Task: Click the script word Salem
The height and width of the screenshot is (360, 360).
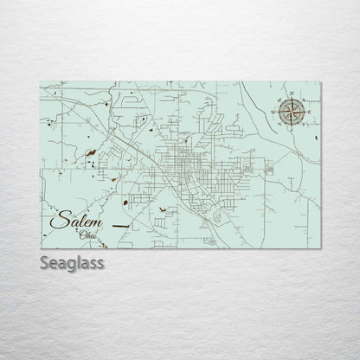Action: pos(74,222)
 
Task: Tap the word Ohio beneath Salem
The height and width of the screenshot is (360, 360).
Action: pos(88,235)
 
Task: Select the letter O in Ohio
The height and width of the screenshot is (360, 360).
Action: pos(81,235)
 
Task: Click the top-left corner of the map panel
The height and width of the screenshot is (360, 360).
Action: pos(41,82)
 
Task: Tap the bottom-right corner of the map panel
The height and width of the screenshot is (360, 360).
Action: pos(323,248)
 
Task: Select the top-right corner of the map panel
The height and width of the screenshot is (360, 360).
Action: pos(323,82)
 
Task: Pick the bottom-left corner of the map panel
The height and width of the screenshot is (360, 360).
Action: pos(41,248)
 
